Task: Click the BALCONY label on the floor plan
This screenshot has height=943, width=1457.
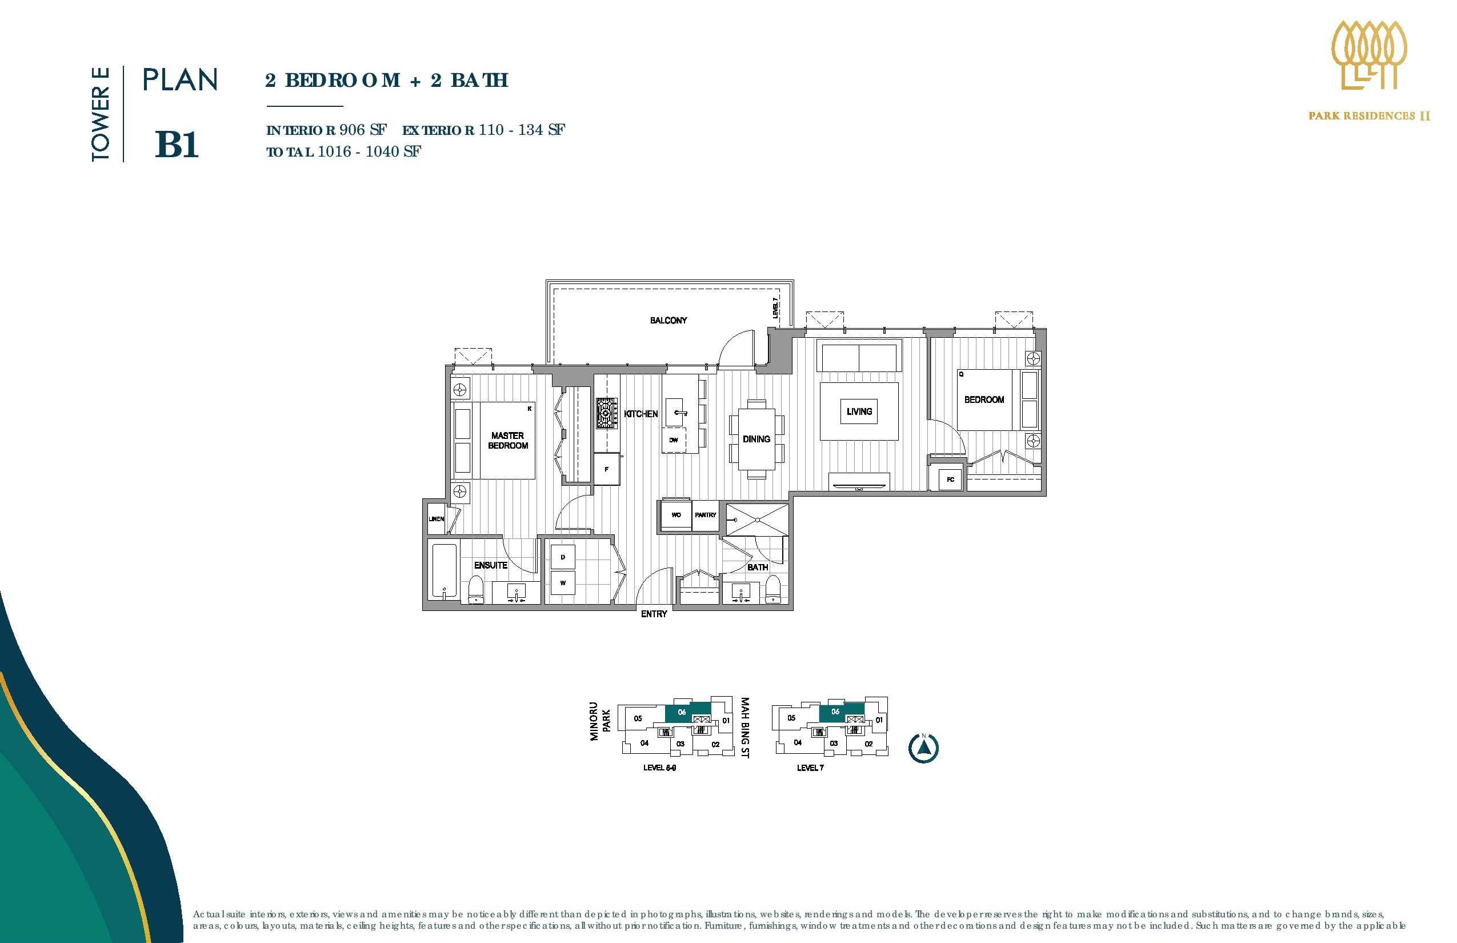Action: point(668,320)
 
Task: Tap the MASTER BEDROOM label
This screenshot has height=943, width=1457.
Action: point(507,441)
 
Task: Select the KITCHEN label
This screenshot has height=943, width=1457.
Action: point(641,414)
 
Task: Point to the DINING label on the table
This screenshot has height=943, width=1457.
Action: point(756,439)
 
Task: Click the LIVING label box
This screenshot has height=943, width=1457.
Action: point(859,411)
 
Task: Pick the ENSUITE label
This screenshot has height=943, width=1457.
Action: point(490,565)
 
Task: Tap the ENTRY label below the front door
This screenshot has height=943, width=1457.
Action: point(654,614)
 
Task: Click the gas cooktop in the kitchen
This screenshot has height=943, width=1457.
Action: point(607,413)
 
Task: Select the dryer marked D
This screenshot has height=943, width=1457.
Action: point(563,557)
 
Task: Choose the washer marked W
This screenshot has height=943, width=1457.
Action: point(563,583)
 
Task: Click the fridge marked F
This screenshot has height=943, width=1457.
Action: point(607,469)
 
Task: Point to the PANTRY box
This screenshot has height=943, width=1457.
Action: point(705,516)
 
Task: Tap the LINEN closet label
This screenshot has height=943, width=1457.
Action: point(436,520)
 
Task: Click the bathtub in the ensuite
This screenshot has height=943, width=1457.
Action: point(443,571)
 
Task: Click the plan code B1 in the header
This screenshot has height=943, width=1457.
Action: point(177,146)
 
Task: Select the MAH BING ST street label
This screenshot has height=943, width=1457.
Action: point(745,728)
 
